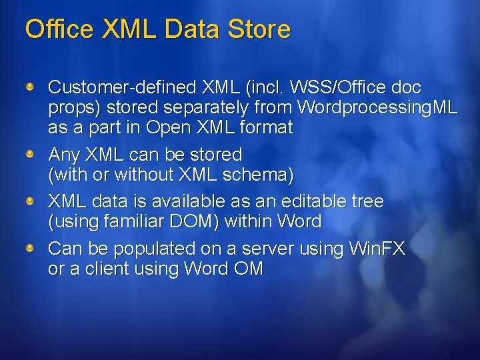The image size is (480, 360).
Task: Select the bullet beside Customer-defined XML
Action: pyautogui.click(x=30, y=87)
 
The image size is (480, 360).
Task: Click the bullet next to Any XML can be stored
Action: pyautogui.click(x=30, y=155)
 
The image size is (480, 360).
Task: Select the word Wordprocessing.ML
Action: pyautogui.click(x=377, y=107)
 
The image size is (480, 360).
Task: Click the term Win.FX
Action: pyautogui.click(x=377, y=249)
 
